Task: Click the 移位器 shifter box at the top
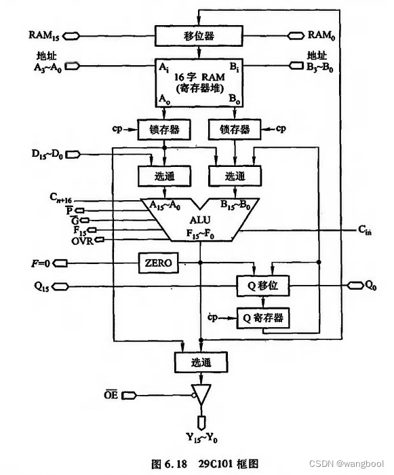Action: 199,36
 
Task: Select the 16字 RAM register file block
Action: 199,83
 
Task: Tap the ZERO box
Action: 159,263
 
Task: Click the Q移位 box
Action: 263,286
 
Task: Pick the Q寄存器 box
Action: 263,318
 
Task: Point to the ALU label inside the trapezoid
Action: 200,220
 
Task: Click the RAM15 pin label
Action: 44,35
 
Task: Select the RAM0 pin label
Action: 321,35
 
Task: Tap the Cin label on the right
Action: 365,230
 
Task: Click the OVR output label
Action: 83,241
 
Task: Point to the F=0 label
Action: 41,263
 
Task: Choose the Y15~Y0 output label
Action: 201,438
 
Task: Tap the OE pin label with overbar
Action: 111,395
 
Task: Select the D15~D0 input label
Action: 47,154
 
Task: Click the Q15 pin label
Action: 42,286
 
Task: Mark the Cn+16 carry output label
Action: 61,198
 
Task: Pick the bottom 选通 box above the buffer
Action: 201,362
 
